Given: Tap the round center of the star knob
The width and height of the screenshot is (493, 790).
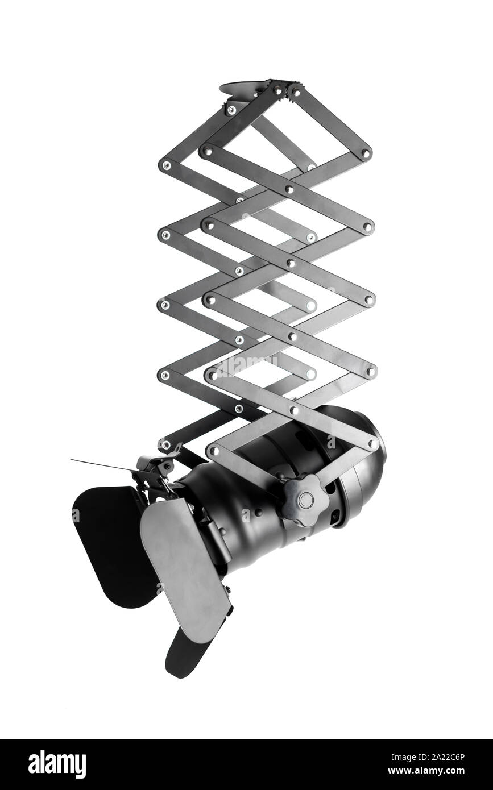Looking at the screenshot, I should [306, 500].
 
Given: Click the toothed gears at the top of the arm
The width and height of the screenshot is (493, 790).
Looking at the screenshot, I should [287, 90].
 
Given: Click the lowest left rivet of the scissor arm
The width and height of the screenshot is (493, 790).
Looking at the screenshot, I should [165, 444].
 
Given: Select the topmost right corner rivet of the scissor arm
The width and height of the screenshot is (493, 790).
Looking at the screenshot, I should [365, 153].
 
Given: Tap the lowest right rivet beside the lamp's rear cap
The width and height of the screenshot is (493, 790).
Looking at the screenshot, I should [372, 443].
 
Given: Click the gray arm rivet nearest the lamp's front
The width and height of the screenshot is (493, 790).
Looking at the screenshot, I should [214, 451].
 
